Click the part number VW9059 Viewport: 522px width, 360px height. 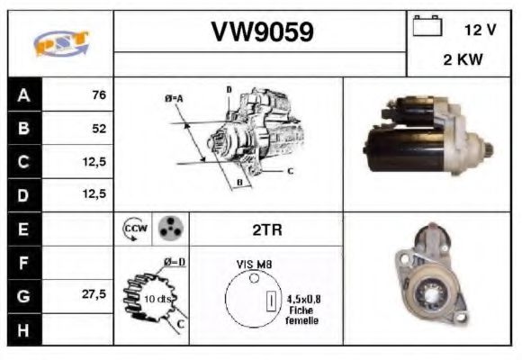pyautogui.click(x=262, y=32)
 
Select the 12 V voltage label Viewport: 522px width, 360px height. pyautogui.click(x=480, y=30)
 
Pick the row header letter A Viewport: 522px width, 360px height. pyautogui.click(x=23, y=94)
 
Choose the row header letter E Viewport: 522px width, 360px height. pyautogui.click(x=23, y=229)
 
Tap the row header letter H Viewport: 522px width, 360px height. pyautogui.click(x=23, y=329)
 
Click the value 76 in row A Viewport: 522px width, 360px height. pyautogui.click(x=98, y=94)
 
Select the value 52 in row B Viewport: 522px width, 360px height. pyautogui.click(x=98, y=128)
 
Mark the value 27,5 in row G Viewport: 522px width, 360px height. pyautogui.click(x=94, y=294)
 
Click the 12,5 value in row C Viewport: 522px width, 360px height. pyautogui.click(x=94, y=162)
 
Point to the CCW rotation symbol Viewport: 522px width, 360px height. pyautogui.click(x=134, y=229)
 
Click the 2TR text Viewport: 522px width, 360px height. pyautogui.click(x=267, y=229)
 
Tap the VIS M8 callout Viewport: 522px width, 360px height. pyautogui.click(x=254, y=264)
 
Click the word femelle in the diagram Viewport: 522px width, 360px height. pyautogui.click(x=301, y=320)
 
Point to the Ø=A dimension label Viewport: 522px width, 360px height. pyautogui.click(x=174, y=97)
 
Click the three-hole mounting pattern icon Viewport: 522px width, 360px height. pyautogui.click(x=169, y=229)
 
